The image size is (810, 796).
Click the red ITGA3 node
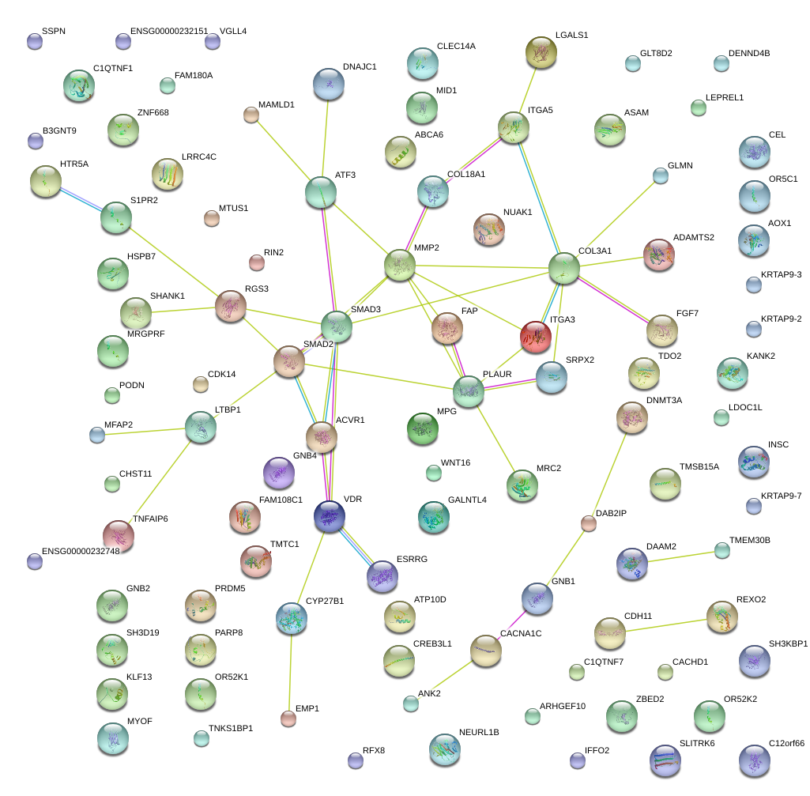535,337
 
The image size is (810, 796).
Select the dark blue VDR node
329,516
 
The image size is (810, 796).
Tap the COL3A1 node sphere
564,269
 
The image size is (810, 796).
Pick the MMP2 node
400,266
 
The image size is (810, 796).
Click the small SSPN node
34,42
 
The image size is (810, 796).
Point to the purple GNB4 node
278,473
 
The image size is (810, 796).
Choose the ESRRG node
382,576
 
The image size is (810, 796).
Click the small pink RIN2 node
256,262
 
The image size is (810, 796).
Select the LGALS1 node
541,52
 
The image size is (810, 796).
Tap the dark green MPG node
422,428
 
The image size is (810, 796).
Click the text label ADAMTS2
695,237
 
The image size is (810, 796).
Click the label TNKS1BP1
231,728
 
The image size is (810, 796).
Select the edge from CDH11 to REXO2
666,624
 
